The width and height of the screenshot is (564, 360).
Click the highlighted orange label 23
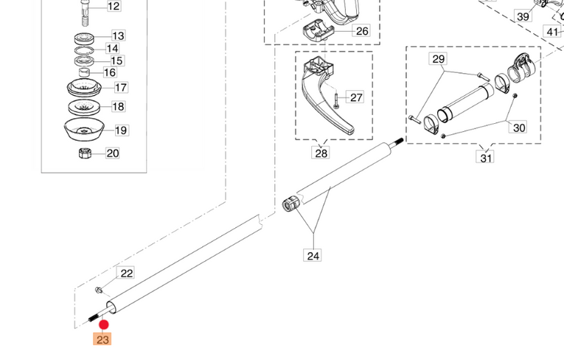point(102,339)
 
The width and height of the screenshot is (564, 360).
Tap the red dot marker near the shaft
point(104,325)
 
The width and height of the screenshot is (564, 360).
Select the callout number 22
point(127,273)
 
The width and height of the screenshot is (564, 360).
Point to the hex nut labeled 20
point(84,153)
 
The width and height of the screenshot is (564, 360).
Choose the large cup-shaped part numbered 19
point(83,131)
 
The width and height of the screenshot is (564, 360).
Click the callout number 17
point(120,87)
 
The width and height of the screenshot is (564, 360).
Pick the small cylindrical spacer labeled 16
point(85,72)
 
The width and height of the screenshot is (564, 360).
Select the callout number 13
point(118,35)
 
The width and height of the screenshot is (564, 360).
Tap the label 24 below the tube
point(313,255)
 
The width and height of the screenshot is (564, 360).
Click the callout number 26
point(361,31)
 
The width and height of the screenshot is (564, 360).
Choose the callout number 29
point(439,58)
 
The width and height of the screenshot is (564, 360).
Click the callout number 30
point(520,128)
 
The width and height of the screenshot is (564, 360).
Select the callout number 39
point(523,16)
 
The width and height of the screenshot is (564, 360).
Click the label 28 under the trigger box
point(321,153)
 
